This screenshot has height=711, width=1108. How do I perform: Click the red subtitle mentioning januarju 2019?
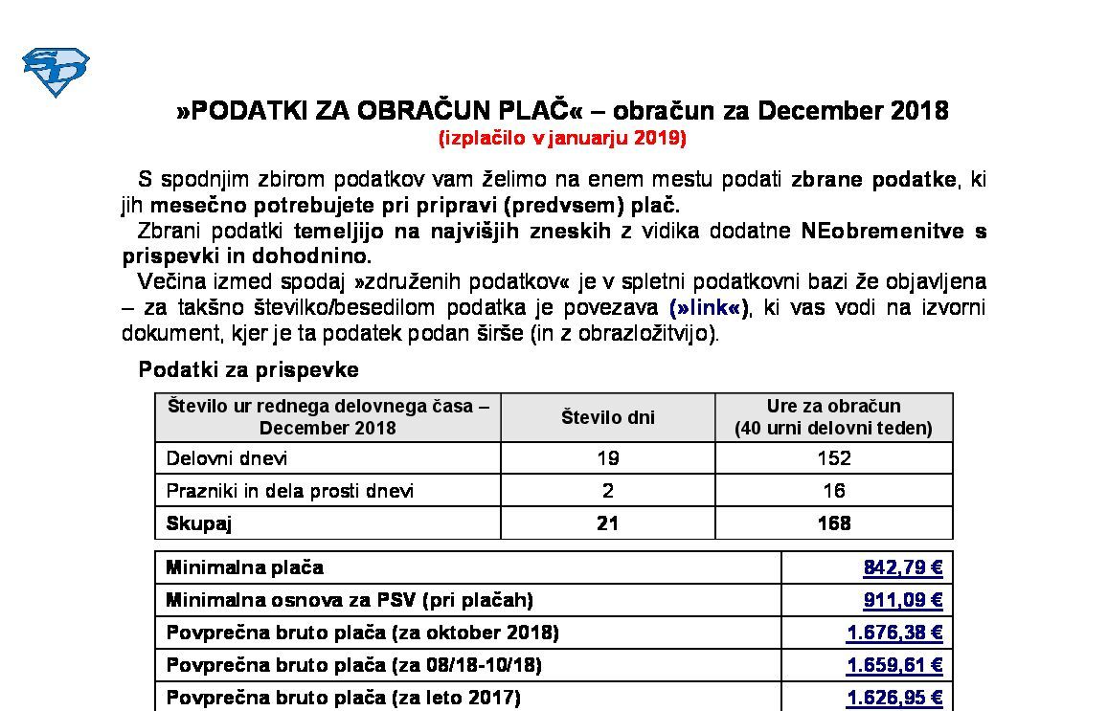tap(562, 138)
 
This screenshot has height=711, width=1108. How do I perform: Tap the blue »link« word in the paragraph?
tap(710, 307)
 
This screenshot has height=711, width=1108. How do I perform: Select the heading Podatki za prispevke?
tap(248, 369)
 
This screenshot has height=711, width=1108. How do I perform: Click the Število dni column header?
tap(607, 417)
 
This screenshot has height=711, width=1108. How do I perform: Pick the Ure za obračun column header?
tap(833, 417)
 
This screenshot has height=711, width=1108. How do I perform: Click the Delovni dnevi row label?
tap(227, 458)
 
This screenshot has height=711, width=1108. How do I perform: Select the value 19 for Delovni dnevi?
tap(607, 458)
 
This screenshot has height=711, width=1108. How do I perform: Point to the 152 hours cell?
tap(833, 458)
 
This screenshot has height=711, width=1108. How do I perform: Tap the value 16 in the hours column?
tap(833, 491)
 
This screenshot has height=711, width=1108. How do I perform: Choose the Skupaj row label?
tap(199, 523)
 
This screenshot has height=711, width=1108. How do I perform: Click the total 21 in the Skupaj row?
tap(607, 523)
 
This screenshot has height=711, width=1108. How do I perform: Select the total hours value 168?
tap(833, 523)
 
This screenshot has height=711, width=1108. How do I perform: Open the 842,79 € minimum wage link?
tap(902, 567)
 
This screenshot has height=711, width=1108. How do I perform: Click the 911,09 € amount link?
tap(902, 600)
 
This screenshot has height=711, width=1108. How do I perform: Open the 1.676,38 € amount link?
tap(893, 633)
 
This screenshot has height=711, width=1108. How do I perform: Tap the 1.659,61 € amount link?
tap(893, 665)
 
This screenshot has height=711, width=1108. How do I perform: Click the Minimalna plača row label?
tap(245, 567)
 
